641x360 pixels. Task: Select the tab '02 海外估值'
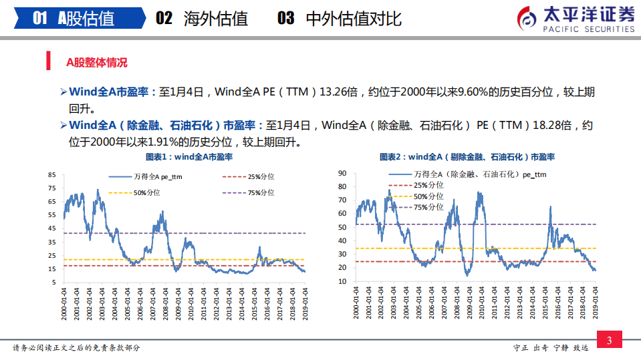[x=201, y=18]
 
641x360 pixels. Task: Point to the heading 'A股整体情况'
[x=96, y=63]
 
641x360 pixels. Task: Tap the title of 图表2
[x=467, y=158]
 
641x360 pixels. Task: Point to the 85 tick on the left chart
[x=52, y=175]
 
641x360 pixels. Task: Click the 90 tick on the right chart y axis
[x=342, y=173]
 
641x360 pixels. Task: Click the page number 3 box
[x=609, y=341]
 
